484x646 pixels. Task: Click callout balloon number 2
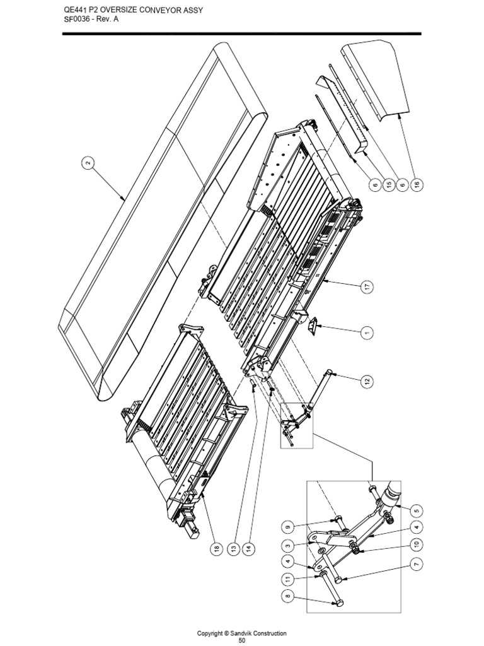point(88,163)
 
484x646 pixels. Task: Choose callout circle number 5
point(416,510)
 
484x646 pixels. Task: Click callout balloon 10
point(416,545)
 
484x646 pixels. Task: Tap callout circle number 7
point(416,565)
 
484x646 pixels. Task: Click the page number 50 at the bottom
point(242,641)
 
